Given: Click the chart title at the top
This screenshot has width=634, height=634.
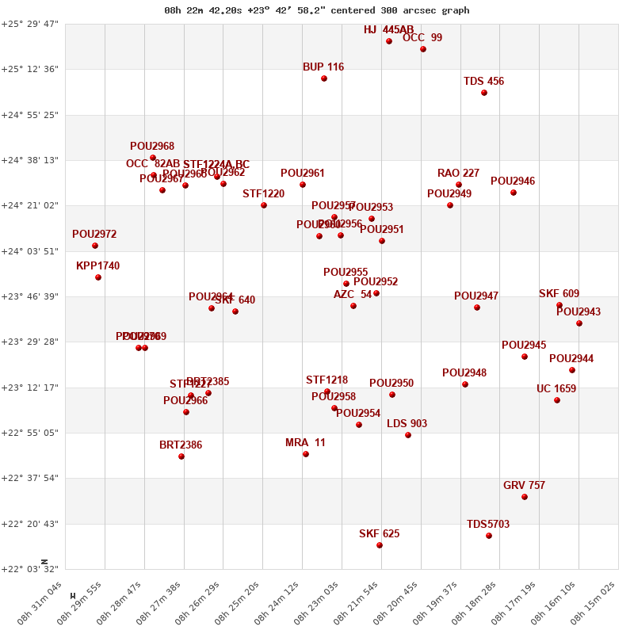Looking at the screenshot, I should pyautogui.click(x=317, y=10).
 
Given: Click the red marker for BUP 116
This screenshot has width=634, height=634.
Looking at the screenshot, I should pyautogui.click(x=324, y=78).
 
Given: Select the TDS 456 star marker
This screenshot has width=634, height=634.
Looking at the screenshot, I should pyautogui.click(x=484, y=93).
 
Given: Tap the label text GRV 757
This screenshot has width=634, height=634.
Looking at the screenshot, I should pyautogui.click(x=524, y=486).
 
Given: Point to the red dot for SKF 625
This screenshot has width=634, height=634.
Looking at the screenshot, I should pyautogui.click(x=380, y=545).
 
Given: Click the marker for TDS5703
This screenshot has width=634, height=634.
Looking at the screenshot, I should pyautogui.click(x=489, y=536).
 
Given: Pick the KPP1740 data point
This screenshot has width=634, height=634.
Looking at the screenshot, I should pyautogui.click(x=98, y=277).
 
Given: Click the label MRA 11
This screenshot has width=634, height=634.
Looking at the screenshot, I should pyautogui.click(x=305, y=443).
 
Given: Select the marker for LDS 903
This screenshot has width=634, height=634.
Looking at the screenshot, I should pyautogui.click(x=408, y=435).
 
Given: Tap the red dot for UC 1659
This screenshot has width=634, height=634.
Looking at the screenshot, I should pyautogui.click(x=557, y=400).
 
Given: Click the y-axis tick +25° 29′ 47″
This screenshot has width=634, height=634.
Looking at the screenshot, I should pyautogui.click(x=29, y=24).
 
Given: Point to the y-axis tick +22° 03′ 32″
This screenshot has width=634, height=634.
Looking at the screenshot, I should pyautogui.click(x=29, y=569).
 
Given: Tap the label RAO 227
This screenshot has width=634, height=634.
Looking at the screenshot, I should pyautogui.click(x=458, y=174).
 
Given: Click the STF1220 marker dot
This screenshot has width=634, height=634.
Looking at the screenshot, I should pyautogui.click(x=264, y=205).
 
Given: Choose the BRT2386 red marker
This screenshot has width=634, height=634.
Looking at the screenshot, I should pyautogui.click(x=181, y=456).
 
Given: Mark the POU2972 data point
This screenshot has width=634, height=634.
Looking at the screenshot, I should pyautogui.click(x=95, y=246).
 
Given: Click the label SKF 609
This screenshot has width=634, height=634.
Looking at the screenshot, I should pyautogui.click(x=559, y=294).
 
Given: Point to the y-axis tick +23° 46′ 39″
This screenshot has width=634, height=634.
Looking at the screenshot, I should pyautogui.click(x=29, y=296).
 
